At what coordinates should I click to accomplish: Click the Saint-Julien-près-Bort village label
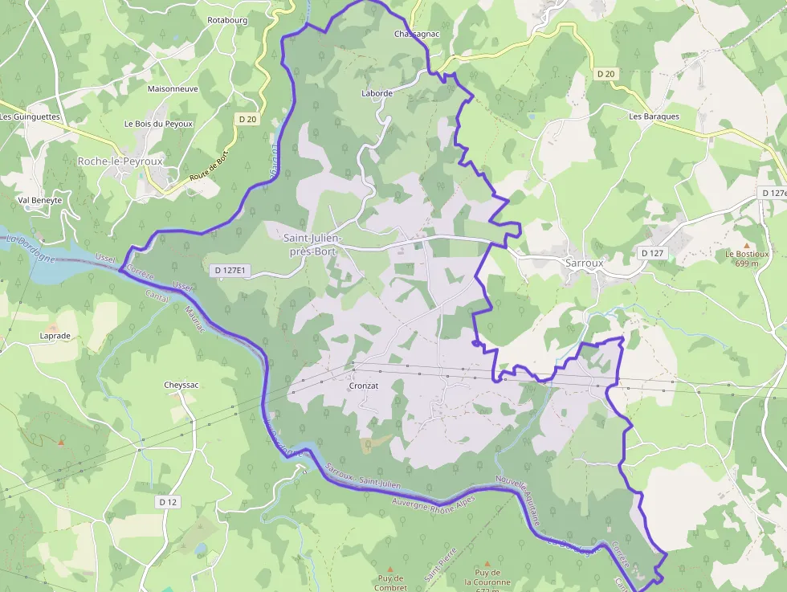click(x=313, y=244)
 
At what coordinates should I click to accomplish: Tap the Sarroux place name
click(x=584, y=263)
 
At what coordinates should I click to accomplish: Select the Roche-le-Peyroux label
click(x=120, y=161)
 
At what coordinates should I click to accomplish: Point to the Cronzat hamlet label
click(x=363, y=386)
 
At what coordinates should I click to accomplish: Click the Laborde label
click(x=377, y=93)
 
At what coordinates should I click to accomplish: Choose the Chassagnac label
click(x=417, y=35)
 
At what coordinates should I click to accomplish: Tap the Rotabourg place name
click(x=227, y=19)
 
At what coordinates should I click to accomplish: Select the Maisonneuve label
click(x=173, y=89)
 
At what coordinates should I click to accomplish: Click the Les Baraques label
click(x=654, y=116)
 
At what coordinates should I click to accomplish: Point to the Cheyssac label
click(x=181, y=385)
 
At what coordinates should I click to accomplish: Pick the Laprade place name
click(x=55, y=336)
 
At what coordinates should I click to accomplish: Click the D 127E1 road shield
click(x=230, y=271)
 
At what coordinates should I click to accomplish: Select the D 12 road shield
click(x=167, y=501)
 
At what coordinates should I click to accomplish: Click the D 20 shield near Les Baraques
click(x=606, y=74)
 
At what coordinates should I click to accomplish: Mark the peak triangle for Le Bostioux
click(x=746, y=245)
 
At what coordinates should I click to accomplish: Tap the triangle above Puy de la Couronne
click(x=486, y=564)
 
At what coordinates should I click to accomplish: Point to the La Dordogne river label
click(x=30, y=248)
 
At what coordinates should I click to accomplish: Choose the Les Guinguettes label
click(x=30, y=116)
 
